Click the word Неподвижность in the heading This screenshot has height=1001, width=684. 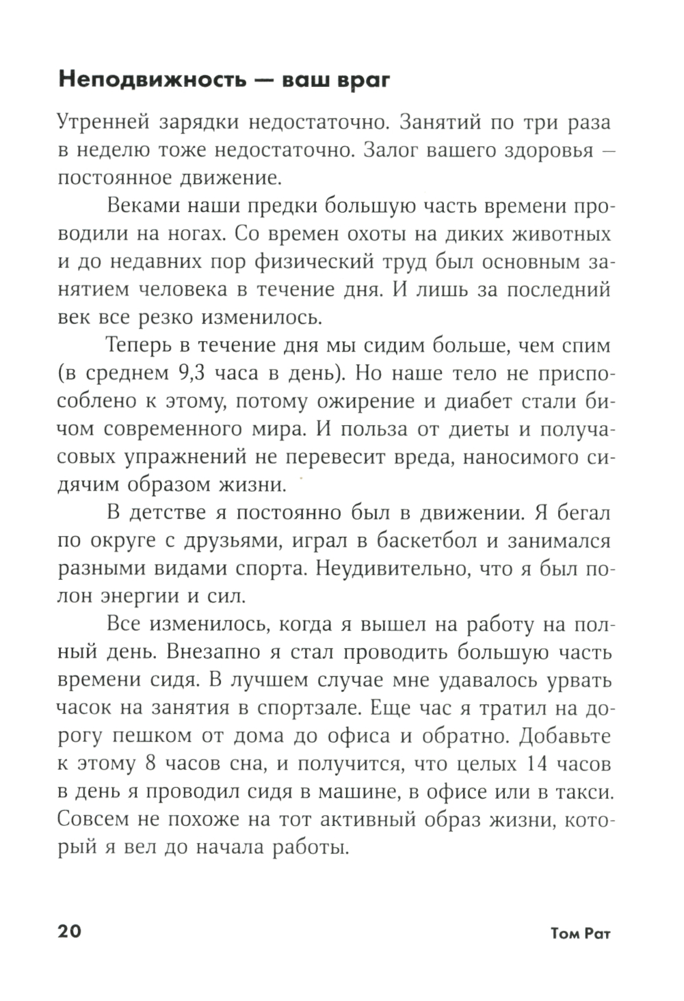click(x=153, y=80)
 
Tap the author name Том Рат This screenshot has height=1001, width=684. click(x=580, y=933)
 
